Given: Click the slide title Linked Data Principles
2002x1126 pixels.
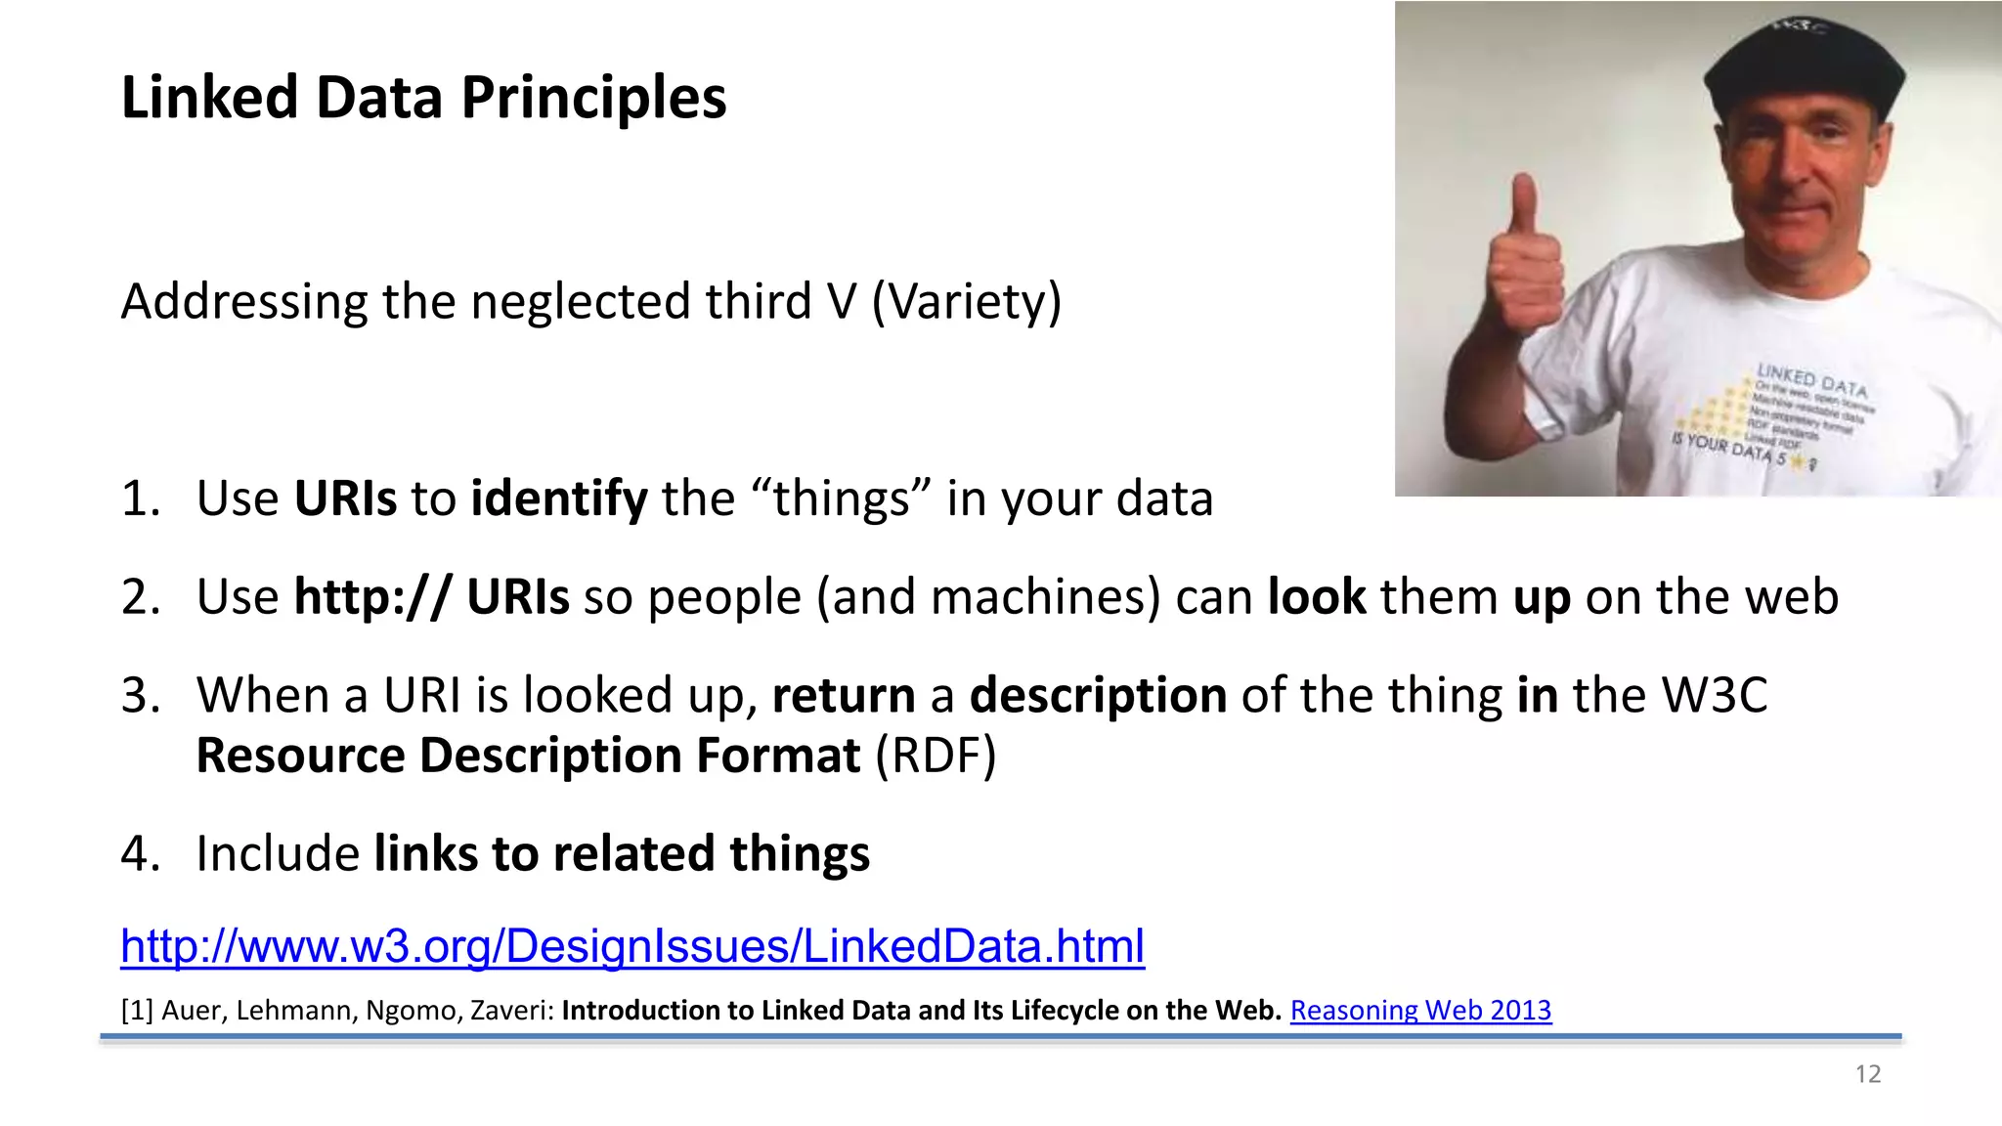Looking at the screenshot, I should click(x=423, y=98).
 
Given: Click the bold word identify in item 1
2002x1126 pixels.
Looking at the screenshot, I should click(x=559, y=498).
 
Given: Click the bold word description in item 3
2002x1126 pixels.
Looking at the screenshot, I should click(x=1098, y=696).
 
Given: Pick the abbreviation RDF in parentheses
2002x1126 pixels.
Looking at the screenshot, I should click(x=936, y=756).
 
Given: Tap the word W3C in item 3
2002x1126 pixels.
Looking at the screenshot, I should click(x=1715, y=696).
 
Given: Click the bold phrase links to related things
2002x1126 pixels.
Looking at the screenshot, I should click(x=622, y=853).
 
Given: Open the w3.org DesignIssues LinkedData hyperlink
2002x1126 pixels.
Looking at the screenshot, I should click(x=631, y=946).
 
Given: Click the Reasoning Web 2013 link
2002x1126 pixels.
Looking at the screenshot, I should click(x=1420, y=1011).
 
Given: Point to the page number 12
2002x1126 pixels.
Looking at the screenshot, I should click(x=1867, y=1074).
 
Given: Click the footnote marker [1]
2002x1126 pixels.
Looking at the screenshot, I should click(x=136, y=1011).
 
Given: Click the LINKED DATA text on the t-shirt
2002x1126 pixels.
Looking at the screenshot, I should click(x=1810, y=380).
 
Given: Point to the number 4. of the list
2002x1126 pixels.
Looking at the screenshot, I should click(x=139, y=853).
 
